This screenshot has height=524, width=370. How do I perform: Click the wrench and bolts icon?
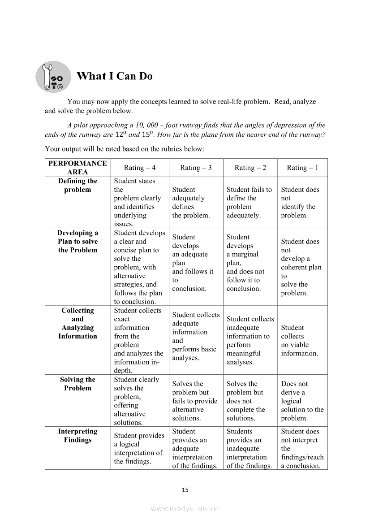tap(53, 77)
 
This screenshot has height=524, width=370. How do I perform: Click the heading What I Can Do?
tap(115, 76)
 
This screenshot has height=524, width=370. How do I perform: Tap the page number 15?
tap(185, 490)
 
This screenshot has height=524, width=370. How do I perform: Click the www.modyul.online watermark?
tap(185, 508)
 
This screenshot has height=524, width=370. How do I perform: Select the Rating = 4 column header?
tap(140, 168)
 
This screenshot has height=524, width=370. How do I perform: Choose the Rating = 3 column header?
tap(196, 168)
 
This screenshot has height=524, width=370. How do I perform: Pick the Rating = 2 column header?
tap(250, 168)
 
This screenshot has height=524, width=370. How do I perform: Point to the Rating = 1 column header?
tap(302, 168)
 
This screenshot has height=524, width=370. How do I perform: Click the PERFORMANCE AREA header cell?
tap(77, 168)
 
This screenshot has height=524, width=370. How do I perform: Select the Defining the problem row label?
tap(77, 185)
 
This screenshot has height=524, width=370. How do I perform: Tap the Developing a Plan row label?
tap(77, 241)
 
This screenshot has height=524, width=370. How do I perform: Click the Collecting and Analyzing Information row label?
tap(77, 323)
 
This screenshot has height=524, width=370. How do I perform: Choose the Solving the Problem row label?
tap(77, 384)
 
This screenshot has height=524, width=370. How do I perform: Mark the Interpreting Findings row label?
tap(77, 436)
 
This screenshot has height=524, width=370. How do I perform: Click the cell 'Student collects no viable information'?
tap(299, 340)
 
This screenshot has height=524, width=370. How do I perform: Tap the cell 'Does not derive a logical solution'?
tap(302, 401)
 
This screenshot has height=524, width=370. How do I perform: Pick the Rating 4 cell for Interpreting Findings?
tap(139, 448)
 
